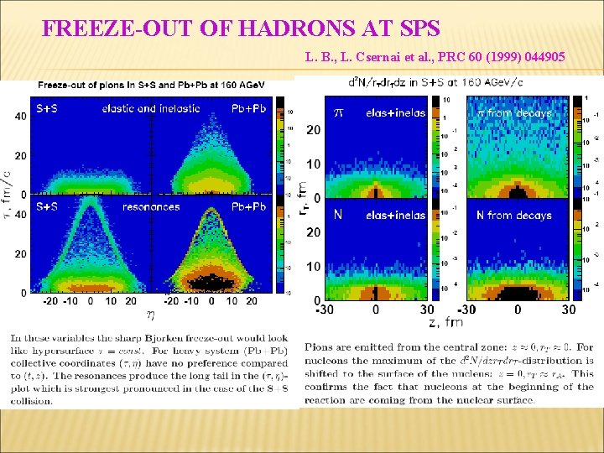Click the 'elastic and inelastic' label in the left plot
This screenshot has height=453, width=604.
(151, 108)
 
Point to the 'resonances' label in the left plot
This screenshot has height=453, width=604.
(151, 206)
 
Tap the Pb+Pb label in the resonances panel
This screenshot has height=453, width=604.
(248, 206)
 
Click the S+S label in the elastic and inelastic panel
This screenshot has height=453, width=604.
(53, 108)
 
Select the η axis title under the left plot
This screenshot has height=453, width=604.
(150, 315)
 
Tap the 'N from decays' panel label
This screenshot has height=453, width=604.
(513, 216)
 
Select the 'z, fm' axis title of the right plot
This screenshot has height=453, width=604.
(445, 322)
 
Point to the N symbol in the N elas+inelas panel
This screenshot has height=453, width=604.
(338, 216)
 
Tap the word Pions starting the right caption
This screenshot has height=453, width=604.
(319, 346)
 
